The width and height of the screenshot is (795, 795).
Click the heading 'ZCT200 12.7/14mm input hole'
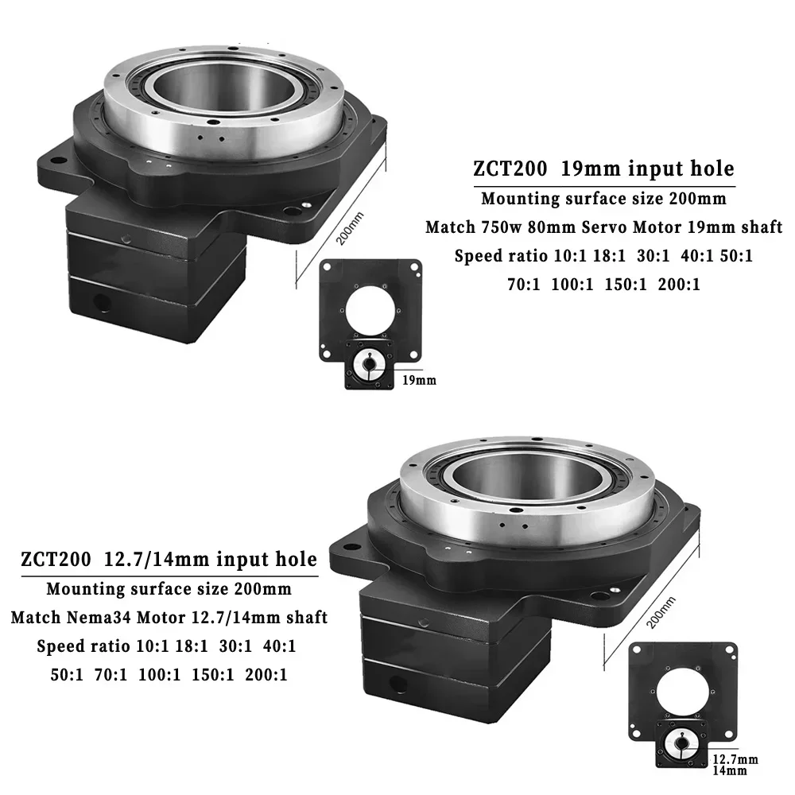pyautogui.click(x=169, y=560)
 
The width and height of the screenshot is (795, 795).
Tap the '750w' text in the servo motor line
pyautogui.click(x=499, y=227)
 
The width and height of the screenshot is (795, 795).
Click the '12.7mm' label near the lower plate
pyautogui.click(x=735, y=758)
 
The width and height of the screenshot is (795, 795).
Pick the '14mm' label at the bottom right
pyautogui.click(x=730, y=770)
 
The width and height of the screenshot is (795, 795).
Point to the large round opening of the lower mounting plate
pyautogui.click(x=678, y=690)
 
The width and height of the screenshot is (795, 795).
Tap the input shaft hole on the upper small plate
pyautogui.click(x=367, y=365)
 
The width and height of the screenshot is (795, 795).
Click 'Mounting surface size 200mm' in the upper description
pyautogui.click(x=603, y=199)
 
